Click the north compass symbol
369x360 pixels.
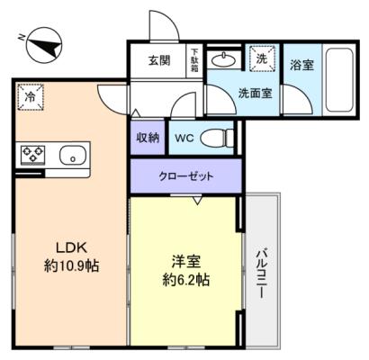[44, 45]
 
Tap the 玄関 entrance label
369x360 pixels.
[159, 60]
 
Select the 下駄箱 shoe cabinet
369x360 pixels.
[194, 61]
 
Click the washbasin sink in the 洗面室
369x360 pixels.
[223, 60]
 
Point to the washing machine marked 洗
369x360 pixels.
[262, 58]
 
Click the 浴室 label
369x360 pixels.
[301, 65]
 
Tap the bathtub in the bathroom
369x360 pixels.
[339, 79]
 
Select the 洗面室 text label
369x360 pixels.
[255, 94]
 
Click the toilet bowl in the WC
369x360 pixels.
[217, 138]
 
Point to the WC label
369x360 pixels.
[184, 138]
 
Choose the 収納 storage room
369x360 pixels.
[148, 138]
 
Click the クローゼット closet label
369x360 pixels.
[186, 176]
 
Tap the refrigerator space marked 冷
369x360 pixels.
[31, 97]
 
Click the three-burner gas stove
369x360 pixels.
[32, 154]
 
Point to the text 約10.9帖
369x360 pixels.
[71, 265]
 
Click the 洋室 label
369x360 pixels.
[186, 262]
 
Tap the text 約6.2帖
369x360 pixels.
[186, 280]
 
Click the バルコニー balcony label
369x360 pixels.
[261, 273]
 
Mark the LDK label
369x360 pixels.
[72, 247]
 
